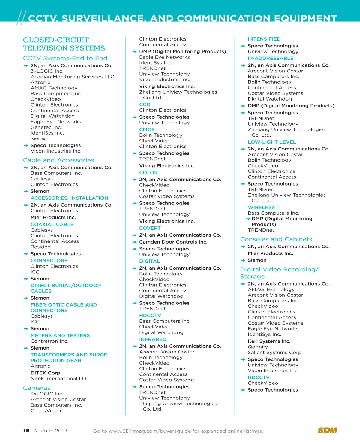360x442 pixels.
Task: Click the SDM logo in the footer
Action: coord(327,430)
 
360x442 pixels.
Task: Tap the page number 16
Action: coord(26,431)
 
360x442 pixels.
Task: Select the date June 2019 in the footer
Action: coord(54,431)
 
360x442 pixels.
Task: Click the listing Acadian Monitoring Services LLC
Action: coord(72,77)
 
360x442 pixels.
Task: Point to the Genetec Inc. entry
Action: coord(46,127)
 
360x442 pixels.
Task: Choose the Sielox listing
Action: coord(38,138)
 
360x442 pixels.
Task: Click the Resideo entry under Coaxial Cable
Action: coord(40,247)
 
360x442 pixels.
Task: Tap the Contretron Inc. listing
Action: coord(49,341)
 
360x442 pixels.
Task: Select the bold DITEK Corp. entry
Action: coord(46,373)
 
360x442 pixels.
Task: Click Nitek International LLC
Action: coord(60,379)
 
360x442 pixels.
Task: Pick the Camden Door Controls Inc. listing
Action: coord(173,242)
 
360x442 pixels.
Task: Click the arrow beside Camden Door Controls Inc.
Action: coord(135,242)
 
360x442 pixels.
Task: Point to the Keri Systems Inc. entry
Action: coord(269,341)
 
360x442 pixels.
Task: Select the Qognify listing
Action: coord(258,347)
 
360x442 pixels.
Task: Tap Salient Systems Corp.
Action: coord(275,353)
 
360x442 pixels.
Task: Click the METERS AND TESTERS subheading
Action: coord(60,335)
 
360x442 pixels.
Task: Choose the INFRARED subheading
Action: coord(153,339)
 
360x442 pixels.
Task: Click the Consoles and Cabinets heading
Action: coord(276,239)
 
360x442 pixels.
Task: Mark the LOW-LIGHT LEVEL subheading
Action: coord(272,142)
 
